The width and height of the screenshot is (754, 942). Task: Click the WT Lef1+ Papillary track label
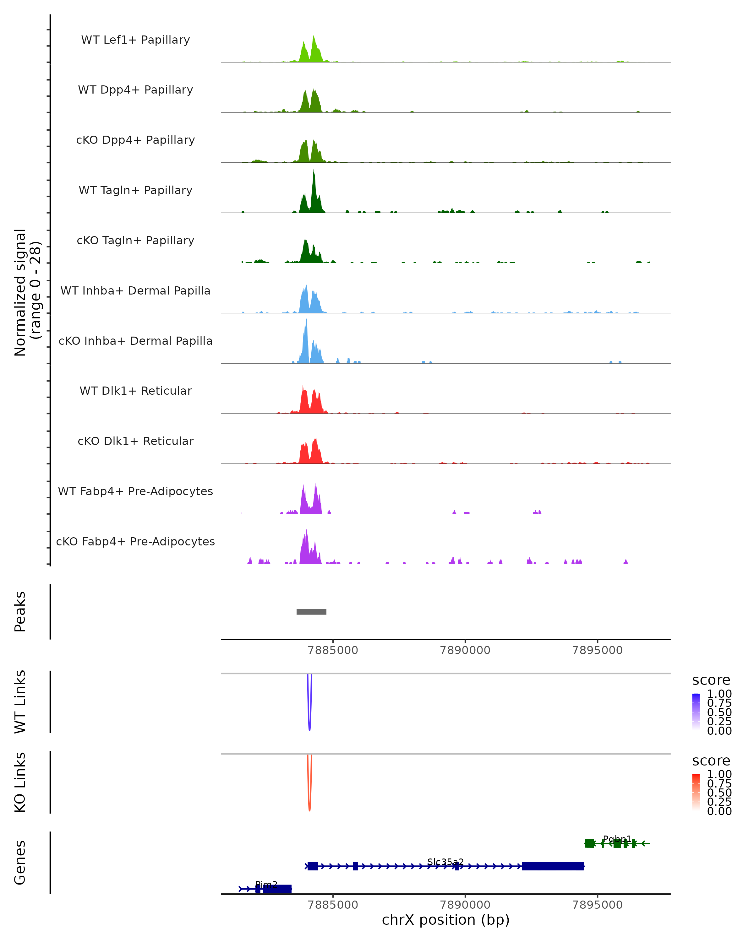(x=135, y=40)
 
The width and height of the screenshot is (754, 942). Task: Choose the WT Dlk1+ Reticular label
(x=135, y=391)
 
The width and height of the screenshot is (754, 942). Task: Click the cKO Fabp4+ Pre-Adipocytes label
(x=135, y=541)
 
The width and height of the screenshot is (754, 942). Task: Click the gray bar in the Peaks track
(x=311, y=612)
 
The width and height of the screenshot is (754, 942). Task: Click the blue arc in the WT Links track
(x=309, y=725)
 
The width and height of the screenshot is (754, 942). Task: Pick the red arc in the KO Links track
(x=309, y=806)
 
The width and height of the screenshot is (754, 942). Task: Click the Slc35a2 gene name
(x=445, y=862)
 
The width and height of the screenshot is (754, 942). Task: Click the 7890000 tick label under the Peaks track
(x=465, y=650)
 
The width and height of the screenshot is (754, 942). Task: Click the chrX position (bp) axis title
(x=445, y=920)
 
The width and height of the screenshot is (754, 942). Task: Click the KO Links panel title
(x=20, y=782)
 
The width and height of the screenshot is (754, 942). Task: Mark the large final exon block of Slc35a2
(x=553, y=866)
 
